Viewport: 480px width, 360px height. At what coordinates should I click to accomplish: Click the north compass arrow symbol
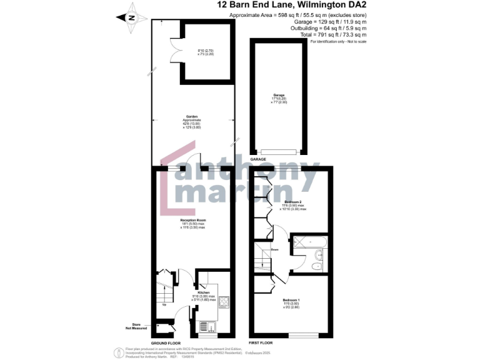click(x=131, y=17)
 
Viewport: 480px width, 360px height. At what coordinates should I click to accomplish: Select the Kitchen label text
click(x=203, y=292)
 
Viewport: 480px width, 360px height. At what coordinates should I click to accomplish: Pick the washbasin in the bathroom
click(x=319, y=254)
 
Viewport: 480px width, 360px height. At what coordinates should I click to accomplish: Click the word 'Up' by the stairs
click(x=164, y=304)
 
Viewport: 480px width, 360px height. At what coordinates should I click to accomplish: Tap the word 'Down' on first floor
click(x=274, y=250)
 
